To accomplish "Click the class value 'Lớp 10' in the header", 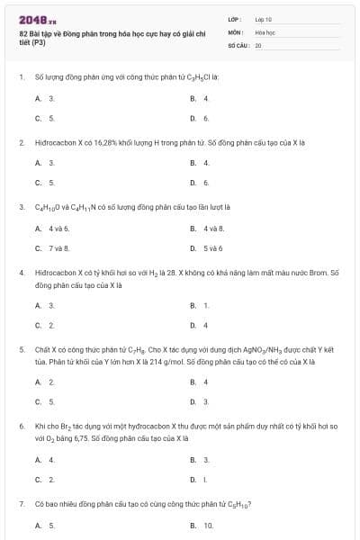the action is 263,18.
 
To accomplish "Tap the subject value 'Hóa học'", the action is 265,31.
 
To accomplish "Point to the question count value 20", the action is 258,44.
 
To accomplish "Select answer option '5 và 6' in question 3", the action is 212,247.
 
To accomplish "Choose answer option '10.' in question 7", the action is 208,525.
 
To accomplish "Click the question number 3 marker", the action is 21,206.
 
